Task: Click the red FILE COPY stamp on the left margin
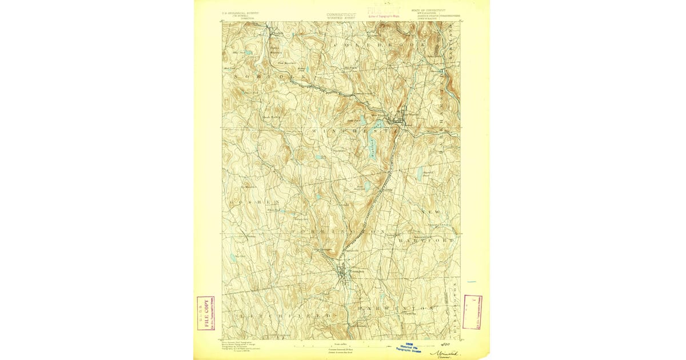pyautogui.click(x=205, y=313)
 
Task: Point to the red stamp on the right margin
pyautogui.click(x=472, y=312)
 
